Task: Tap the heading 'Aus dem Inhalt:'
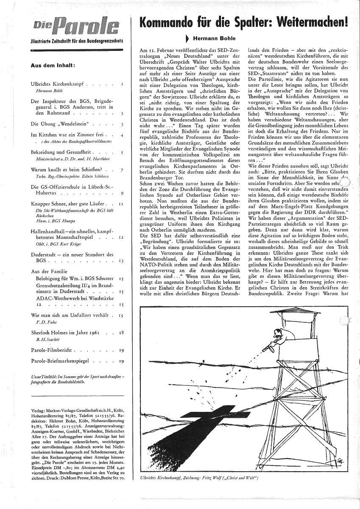53,65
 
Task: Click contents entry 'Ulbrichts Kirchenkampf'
58,84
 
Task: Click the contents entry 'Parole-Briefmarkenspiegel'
64,361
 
